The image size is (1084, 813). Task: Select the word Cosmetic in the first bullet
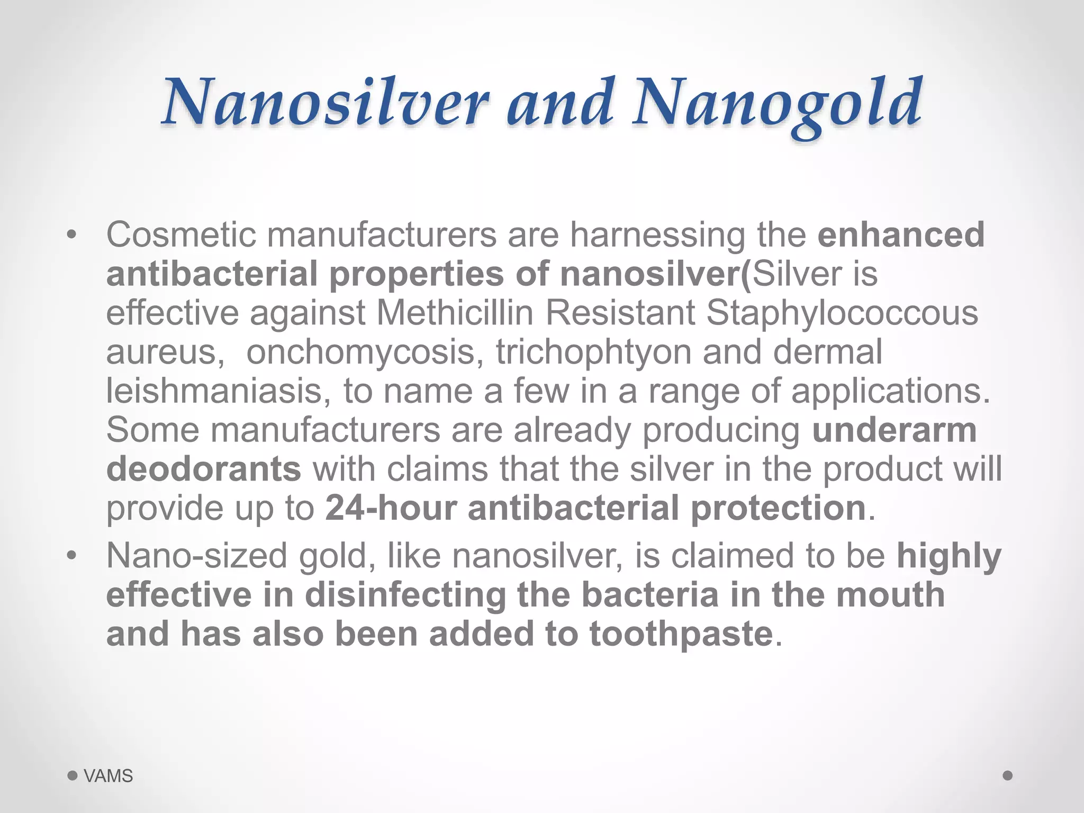(180, 234)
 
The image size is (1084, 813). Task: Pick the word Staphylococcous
(842, 313)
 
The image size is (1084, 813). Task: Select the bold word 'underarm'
(894, 430)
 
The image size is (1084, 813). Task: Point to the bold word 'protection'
(778, 509)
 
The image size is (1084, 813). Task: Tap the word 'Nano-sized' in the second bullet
(197, 556)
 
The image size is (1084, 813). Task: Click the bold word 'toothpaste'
(681, 634)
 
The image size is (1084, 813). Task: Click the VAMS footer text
(109, 776)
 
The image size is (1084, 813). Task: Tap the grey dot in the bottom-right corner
(1008, 775)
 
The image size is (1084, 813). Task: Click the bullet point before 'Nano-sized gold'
(72, 556)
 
